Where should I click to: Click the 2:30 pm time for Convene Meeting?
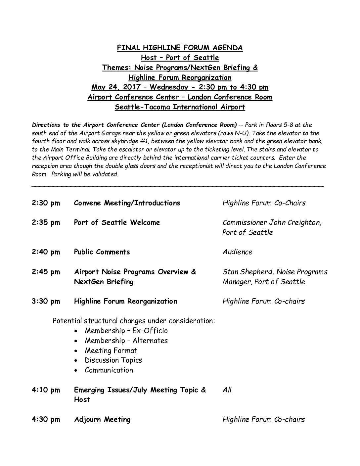tap(46, 203)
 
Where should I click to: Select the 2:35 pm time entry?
tap(46, 222)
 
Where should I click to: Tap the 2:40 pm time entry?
tap(46, 252)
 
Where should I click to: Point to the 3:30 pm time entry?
tap(46, 301)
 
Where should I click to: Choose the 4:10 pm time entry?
tap(46, 390)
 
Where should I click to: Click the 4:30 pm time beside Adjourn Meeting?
tap(46, 420)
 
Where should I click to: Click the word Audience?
tap(237, 252)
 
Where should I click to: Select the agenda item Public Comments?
tap(102, 252)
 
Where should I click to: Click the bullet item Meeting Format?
tap(111, 350)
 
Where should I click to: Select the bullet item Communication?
tap(109, 370)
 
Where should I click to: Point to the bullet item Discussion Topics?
tap(113, 360)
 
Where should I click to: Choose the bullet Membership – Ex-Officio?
tap(126, 331)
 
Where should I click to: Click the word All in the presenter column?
tap(227, 390)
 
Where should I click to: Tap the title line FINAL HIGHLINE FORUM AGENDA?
tap(180, 48)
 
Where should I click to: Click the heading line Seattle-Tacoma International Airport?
tap(180, 107)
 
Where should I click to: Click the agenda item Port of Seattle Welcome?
tap(117, 222)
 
